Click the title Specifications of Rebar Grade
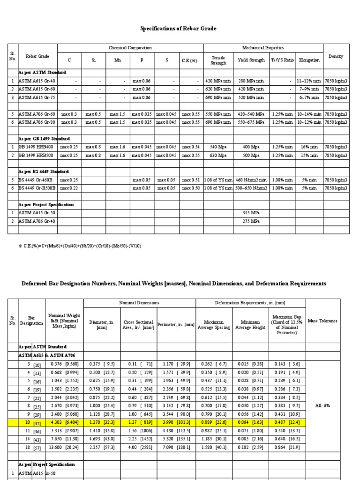pos(179,29)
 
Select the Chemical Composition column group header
pos(130,48)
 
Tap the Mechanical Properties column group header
pos(263,48)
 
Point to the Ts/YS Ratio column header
pos(283,60)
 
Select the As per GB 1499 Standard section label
pos(44,139)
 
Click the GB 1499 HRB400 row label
pos(37,147)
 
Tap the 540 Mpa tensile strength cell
pos(218,147)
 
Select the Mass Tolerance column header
pos(322,321)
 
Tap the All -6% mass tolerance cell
pos(322,405)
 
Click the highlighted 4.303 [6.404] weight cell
pos(65,422)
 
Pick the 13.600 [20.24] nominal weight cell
pos(65,447)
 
